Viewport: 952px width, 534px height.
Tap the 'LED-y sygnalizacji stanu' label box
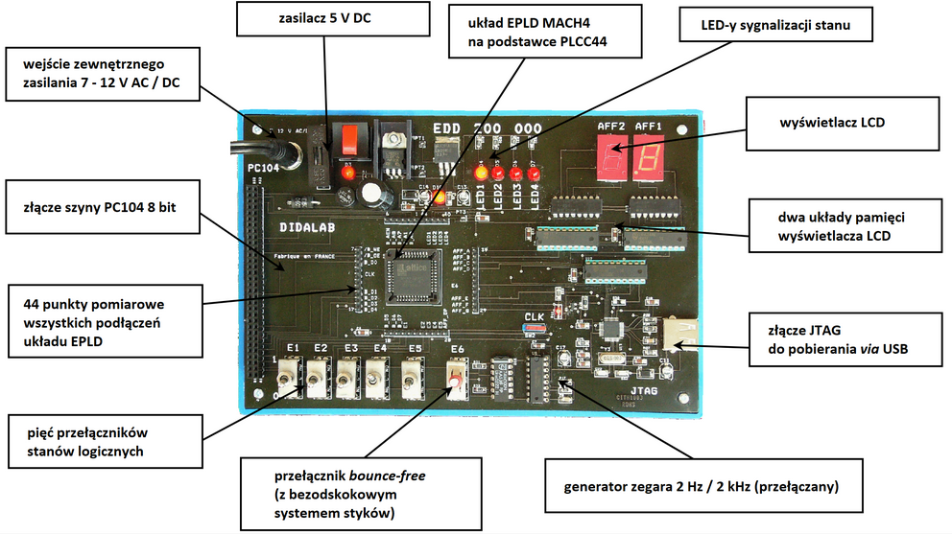tap(776, 26)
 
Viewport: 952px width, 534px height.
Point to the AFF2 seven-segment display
tap(611, 156)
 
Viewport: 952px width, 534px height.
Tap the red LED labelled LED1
tap(482, 174)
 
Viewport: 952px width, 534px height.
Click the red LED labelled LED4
tap(533, 174)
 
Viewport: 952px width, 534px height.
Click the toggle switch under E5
tap(414, 379)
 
